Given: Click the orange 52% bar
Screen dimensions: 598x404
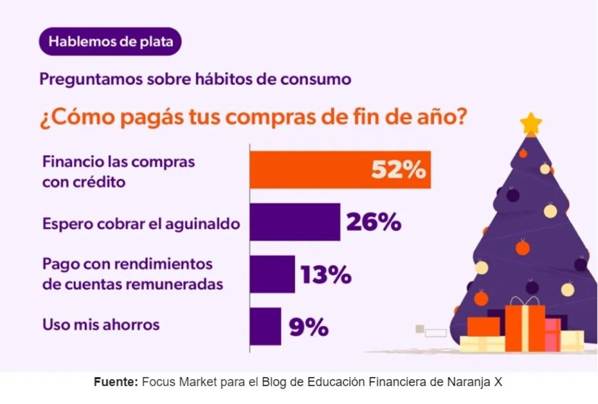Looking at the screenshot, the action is (x=340, y=170).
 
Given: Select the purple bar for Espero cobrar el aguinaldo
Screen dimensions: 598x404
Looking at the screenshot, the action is (x=295, y=222).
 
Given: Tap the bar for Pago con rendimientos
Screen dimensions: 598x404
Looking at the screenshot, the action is (x=273, y=274).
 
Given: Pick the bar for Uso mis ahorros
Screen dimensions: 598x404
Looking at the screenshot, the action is (x=265, y=327).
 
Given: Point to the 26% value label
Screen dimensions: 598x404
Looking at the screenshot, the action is (x=374, y=222).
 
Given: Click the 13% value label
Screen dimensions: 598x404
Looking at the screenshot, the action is (x=326, y=274).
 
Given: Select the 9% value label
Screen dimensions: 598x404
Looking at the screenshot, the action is (x=308, y=327).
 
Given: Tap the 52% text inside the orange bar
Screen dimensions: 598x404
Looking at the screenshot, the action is (x=399, y=170).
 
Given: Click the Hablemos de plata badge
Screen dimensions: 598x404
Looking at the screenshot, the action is (x=110, y=41).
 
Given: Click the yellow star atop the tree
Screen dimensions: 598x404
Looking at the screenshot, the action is (x=531, y=123).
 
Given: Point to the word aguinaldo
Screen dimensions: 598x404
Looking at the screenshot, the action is (x=203, y=224).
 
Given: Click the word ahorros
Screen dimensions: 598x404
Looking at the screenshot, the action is (x=131, y=325).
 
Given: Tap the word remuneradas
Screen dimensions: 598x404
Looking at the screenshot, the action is (x=174, y=284).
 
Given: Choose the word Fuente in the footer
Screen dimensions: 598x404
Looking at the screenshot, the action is (x=116, y=382).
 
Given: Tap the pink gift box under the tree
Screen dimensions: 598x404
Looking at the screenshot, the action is (x=553, y=335).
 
